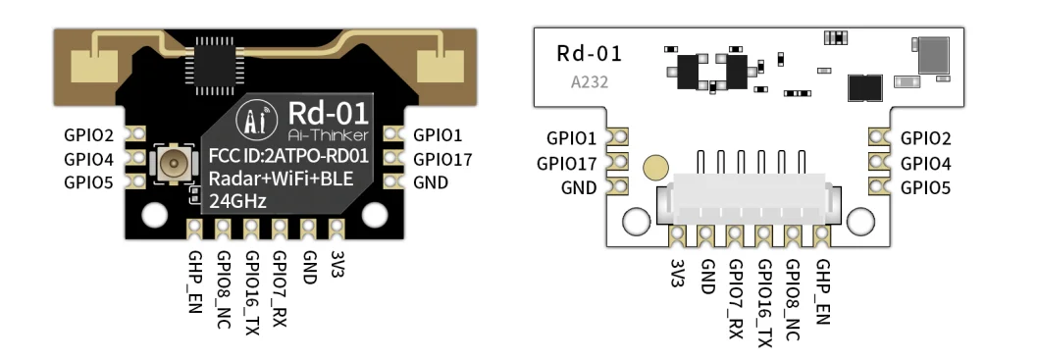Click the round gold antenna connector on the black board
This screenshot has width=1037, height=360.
click(175, 163)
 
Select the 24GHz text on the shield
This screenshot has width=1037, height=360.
click(238, 200)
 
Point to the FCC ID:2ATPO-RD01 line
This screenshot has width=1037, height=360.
click(288, 157)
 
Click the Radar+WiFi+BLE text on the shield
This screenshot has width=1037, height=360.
click(281, 179)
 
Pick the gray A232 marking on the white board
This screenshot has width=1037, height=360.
click(590, 82)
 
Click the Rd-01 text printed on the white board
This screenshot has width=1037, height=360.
click(590, 53)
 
